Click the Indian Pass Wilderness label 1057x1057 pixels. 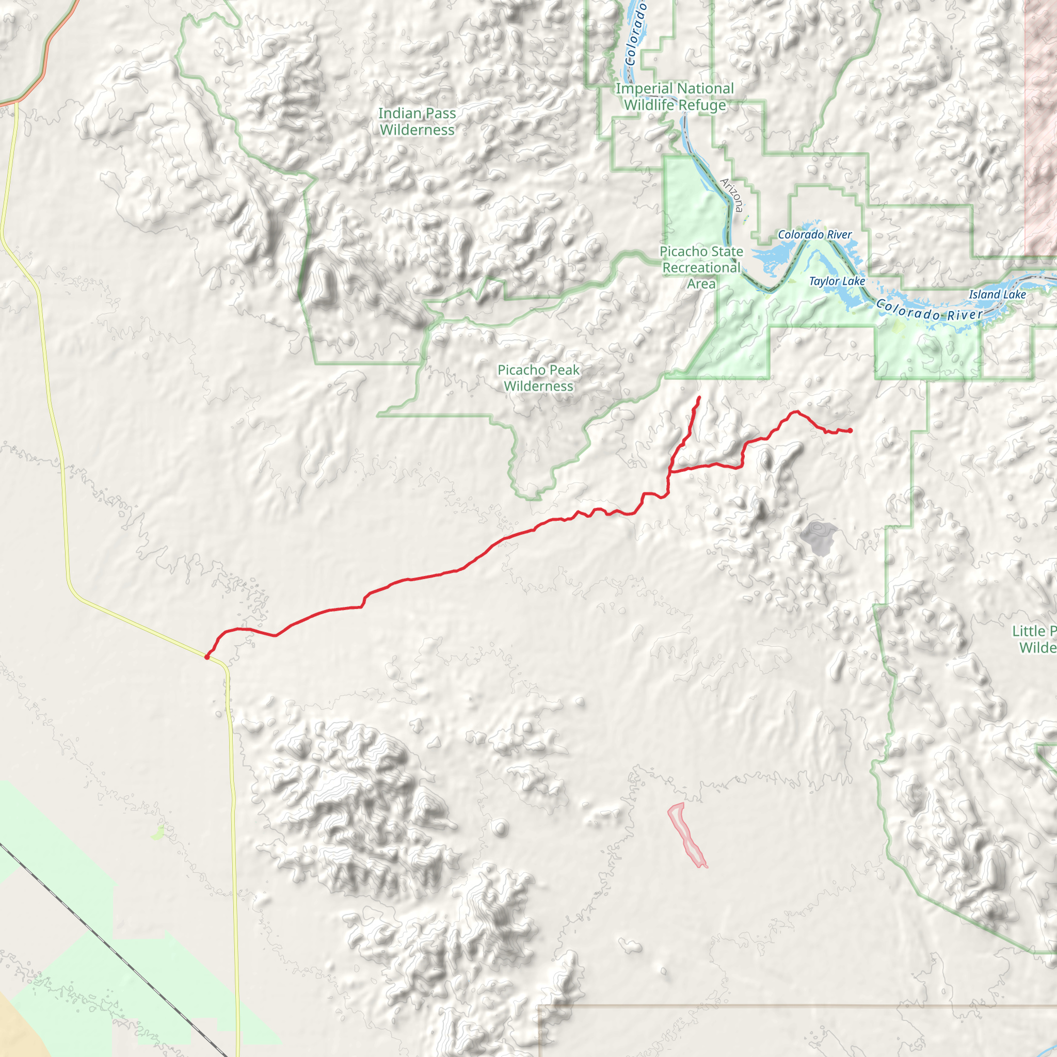[x=417, y=121]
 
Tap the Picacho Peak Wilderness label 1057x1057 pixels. [x=538, y=378]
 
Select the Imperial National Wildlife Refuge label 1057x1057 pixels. [x=675, y=97]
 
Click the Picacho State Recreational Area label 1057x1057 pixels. [x=701, y=267]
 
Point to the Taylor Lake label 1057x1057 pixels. [x=837, y=281]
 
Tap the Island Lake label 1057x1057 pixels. [x=997, y=295]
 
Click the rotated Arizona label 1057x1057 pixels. [x=732, y=195]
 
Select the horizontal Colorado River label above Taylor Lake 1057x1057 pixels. [x=814, y=235]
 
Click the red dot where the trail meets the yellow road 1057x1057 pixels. [x=207, y=656]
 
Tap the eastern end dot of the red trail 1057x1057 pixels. [x=850, y=430]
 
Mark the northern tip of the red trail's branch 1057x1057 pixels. [x=699, y=397]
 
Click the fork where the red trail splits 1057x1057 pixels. [x=671, y=471]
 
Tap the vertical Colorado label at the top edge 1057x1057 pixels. [x=636, y=33]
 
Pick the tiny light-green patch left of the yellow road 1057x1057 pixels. [x=157, y=833]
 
